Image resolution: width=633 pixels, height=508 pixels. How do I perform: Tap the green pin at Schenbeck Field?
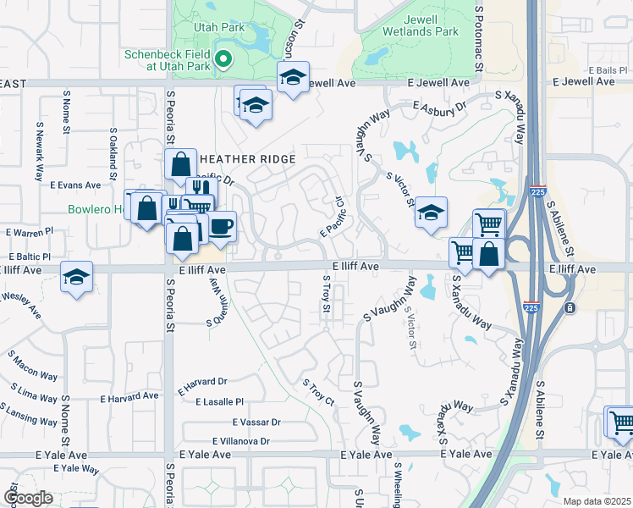click(x=223, y=59)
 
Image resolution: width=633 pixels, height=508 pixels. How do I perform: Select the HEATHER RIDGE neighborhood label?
click(x=247, y=159)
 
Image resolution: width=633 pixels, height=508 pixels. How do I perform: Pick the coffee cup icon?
click(x=222, y=227)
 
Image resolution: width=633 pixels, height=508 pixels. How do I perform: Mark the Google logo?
click(x=28, y=498)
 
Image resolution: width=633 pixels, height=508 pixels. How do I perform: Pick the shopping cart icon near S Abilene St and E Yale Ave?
click(x=620, y=420)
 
